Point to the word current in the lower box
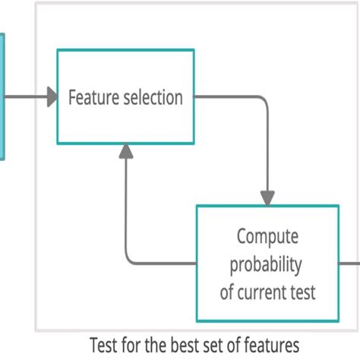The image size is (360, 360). [x=266, y=292]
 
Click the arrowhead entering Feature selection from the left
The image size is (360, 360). [x=52, y=96]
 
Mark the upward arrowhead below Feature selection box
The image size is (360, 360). [x=126, y=152]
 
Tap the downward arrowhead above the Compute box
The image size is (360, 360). [x=268, y=197]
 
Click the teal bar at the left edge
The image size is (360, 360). [x=2, y=96]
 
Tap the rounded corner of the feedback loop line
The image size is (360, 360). [x=130, y=259]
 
